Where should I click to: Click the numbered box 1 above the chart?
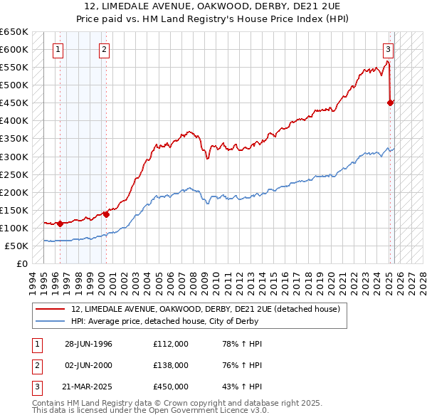pos(57,50)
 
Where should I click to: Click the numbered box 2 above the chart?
pos(104,50)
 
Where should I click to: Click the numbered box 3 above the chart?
pos(388,50)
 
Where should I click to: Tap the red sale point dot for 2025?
pos(391,103)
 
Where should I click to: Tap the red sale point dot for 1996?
pos(60,223)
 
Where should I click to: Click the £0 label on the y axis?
pos(22,263)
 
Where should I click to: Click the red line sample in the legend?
pos(51,309)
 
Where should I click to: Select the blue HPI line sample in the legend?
pos(51,321)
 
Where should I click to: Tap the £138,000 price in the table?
pos(171,365)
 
